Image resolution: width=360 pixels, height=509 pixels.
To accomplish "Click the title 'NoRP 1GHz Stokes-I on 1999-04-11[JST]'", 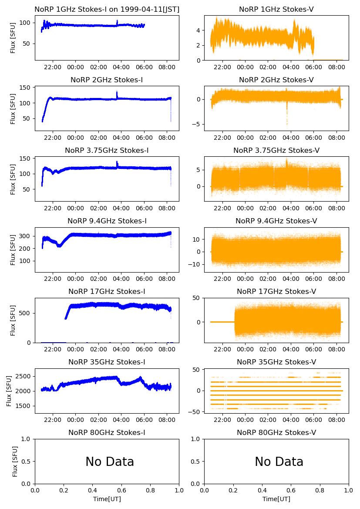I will (107, 10).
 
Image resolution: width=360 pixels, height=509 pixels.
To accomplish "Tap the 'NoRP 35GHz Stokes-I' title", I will (107, 362).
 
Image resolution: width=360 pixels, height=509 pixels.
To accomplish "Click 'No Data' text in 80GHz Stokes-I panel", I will (110, 462).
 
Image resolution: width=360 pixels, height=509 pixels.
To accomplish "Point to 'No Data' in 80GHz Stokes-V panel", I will (279, 462).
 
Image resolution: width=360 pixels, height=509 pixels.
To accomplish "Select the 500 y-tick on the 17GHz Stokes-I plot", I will (27, 313).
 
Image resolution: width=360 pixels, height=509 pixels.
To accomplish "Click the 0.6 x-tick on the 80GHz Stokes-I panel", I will (121, 491).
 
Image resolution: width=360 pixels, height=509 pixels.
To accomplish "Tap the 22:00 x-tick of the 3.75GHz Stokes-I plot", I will (53, 209).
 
